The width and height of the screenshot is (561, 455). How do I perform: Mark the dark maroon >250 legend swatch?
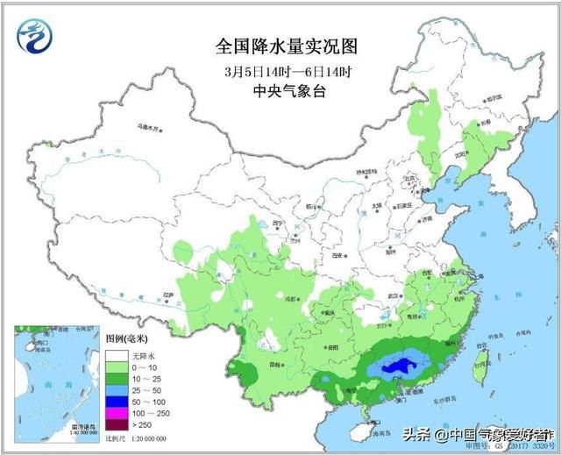(117, 423)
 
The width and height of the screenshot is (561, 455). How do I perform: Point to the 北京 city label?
(406, 178)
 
